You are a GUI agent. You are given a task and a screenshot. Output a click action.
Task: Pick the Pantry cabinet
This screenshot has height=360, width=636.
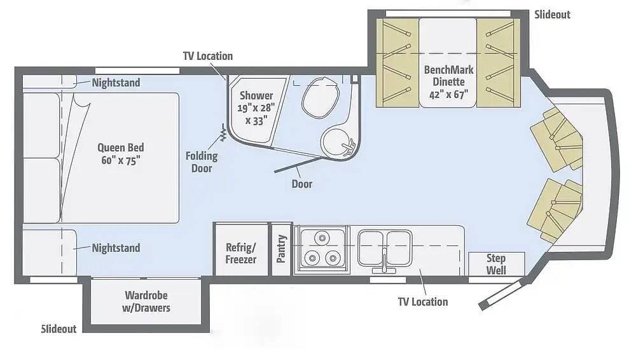tap(282, 249)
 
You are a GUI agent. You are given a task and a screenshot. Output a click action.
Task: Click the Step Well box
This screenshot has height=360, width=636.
tap(496, 263)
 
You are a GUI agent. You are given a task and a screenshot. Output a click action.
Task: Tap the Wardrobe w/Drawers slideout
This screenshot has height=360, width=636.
tap(148, 301)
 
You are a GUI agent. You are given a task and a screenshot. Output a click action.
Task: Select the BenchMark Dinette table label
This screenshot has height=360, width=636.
tap(448, 82)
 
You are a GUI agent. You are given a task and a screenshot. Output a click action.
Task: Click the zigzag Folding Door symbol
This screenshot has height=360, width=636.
tap(224, 134)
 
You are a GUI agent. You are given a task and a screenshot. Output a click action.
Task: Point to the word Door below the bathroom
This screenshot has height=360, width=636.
tap(302, 184)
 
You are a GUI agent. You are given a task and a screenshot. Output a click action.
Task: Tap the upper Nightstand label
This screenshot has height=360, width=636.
tap(116, 83)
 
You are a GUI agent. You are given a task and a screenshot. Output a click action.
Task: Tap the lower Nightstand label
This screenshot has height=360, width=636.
tap(116, 248)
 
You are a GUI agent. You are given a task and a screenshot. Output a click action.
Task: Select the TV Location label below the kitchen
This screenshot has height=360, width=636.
tap(423, 301)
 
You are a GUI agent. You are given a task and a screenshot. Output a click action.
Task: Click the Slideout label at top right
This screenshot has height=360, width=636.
tap(552, 14)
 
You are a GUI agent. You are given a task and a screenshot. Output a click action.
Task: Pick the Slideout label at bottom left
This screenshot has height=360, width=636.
tap(59, 329)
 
